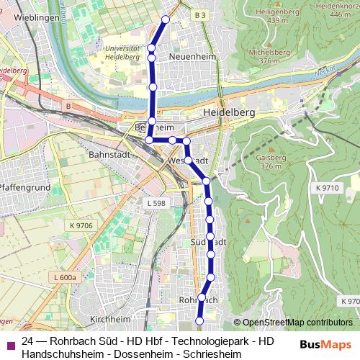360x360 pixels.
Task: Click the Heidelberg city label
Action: click(230, 114)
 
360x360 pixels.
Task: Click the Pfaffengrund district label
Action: click(24, 186)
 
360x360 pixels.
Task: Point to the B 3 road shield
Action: click(199, 14)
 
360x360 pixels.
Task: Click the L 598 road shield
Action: click(156, 204)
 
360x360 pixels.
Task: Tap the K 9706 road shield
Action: click(81, 225)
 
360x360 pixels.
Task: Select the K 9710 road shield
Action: click(326, 187)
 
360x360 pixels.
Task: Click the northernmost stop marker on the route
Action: click(166, 19)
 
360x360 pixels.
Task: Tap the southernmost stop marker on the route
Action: click(199, 320)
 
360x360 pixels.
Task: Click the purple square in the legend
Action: click(9, 346)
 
